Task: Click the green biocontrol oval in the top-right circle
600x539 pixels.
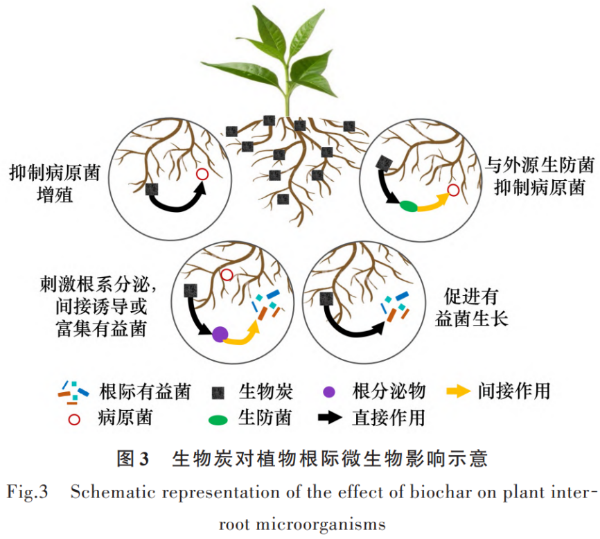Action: (x=408, y=205)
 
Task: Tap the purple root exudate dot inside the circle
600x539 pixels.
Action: (x=220, y=335)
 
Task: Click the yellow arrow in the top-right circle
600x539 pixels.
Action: (x=432, y=201)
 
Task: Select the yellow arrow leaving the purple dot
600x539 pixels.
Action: (x=244, y=335)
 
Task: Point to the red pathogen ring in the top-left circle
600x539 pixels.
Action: (x=202, y=175)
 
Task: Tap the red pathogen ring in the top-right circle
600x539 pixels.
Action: (x=453, y=190)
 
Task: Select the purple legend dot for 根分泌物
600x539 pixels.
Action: (x=329, y=392)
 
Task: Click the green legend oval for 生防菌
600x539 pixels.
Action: (x=218, y=418)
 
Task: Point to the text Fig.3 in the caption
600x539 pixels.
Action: (x=28, y=493)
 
